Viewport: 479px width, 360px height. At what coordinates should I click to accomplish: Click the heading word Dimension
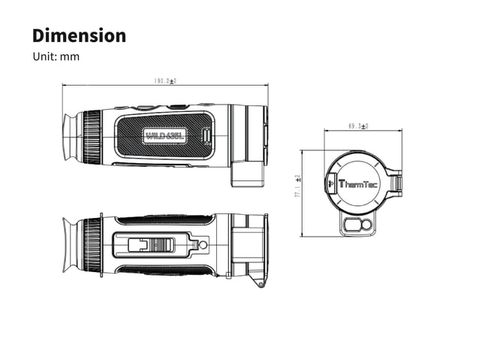tap(78, 35)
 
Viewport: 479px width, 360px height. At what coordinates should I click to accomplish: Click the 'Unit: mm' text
tap(56, 57)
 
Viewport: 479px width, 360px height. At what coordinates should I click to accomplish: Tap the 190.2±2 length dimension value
tap(164, 80)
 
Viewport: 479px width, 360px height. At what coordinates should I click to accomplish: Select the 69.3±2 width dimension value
tap(358, 126)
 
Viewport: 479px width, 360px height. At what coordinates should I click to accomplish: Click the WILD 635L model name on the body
tap(165, 136)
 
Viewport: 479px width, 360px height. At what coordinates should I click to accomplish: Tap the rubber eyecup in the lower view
tap(70, 244)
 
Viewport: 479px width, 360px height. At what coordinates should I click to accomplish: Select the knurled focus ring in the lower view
tap(92, 244)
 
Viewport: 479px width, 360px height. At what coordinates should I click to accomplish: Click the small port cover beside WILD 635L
tap(206, 136)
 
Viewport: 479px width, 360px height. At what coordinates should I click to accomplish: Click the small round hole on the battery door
tap(200, 245)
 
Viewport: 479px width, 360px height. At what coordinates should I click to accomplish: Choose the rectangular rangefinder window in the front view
tap(349, 225)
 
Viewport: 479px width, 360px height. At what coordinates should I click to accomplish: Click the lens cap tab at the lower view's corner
tap(261, 283)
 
